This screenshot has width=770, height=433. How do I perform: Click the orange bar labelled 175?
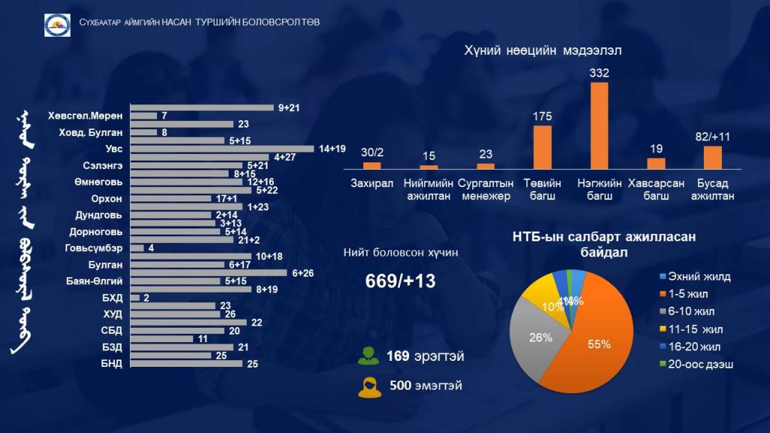coord(542,147)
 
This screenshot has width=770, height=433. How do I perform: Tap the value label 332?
coord(599,73)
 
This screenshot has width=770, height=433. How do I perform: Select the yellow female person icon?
coord(368,387)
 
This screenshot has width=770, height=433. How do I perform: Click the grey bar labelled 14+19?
coord(222,149)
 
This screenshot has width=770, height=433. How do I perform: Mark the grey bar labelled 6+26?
coord(208,273)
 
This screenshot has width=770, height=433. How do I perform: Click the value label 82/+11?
coord(713,137)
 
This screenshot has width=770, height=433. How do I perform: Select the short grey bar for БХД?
coord(135,298)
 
